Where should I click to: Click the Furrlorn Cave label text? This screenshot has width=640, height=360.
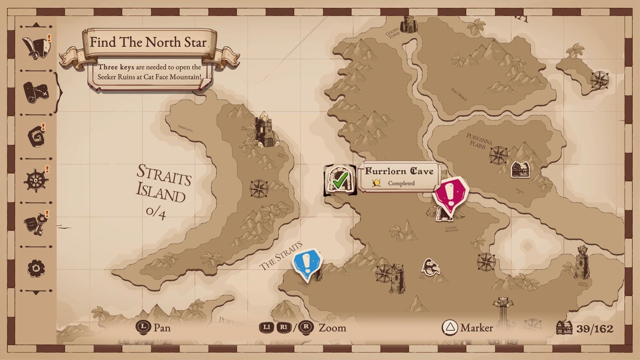pos(399,171)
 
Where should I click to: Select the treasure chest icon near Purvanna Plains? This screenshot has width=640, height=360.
pos(520,170)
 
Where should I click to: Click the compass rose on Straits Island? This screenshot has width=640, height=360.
pos(259,189)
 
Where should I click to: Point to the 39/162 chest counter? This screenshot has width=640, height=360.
pos(585,328)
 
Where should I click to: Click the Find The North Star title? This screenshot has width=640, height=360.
pos(148,42)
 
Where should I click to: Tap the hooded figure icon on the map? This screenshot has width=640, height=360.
pos(431,267)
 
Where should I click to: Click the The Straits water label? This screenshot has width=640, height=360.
pos(281,256)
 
